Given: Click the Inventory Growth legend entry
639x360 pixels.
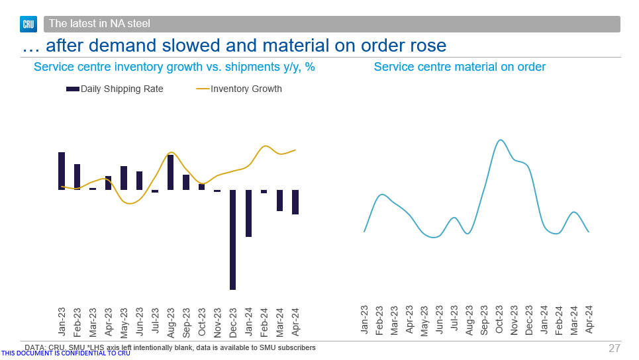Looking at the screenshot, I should [239, 89].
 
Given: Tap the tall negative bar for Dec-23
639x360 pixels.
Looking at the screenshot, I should [233, 240].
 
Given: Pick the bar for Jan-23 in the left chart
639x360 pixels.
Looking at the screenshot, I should [62, 171].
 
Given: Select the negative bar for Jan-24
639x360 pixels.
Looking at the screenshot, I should [249, 213].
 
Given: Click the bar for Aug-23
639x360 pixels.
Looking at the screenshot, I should [170, 172].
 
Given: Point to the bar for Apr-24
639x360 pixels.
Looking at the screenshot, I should [295, 202].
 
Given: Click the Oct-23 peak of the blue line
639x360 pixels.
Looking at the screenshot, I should [501, 140].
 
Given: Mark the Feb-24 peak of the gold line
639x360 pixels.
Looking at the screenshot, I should [266, 146].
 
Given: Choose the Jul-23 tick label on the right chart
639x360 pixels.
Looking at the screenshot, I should [454, 318].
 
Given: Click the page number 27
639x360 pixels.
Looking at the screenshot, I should [614, 348].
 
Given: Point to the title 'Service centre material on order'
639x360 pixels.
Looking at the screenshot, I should [460, 67].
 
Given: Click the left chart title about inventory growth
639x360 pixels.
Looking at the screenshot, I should [174, 67].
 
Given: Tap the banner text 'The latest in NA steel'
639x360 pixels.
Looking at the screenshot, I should [99, 24].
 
